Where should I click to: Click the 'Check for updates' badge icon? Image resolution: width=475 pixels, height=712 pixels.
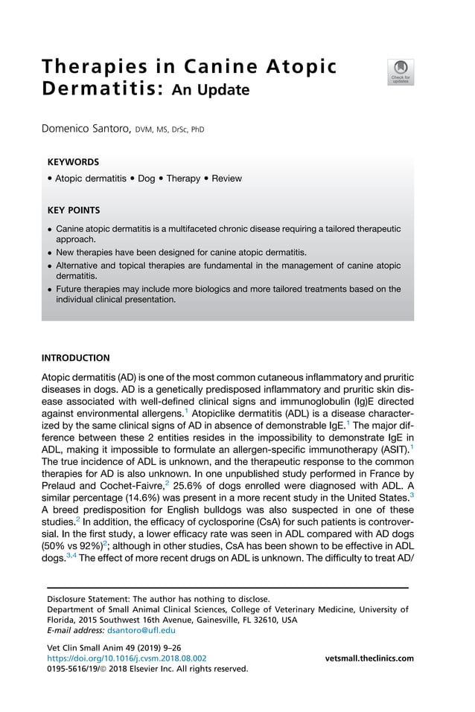[x=400, y=71]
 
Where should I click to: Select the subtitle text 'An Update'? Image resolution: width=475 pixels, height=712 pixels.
[x=211, y=91]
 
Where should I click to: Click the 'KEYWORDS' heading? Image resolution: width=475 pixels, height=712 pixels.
[x=73, y=161]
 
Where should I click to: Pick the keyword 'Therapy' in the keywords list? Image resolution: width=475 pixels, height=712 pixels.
[x=183, y=179]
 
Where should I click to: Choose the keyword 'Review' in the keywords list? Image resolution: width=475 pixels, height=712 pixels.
[x=226, y=179]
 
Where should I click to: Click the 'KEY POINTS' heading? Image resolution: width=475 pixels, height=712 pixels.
[x=74, y=211]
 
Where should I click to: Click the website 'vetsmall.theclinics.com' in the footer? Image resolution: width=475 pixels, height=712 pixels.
[x=369, y=658]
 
